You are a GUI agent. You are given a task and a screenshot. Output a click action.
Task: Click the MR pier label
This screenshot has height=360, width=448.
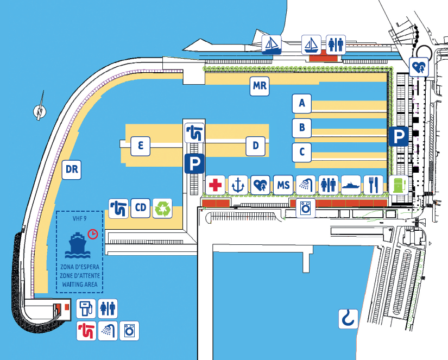tap(260, 86)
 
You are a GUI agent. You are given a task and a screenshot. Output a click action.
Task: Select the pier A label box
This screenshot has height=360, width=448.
tap(301, 102)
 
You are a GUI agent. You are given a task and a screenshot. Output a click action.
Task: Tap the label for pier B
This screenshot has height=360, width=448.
tap(301, 128)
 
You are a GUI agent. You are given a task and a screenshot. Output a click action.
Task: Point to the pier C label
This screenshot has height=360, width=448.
tap(301, 153)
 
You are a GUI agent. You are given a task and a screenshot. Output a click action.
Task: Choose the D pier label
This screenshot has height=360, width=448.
tap(255, 146)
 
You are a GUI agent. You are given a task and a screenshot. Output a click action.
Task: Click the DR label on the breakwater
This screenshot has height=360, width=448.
tap(72, 169)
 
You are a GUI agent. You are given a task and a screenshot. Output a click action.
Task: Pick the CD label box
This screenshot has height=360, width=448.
tap(141, 207)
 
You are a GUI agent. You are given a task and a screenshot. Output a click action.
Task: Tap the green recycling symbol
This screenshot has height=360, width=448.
tap(163, 208)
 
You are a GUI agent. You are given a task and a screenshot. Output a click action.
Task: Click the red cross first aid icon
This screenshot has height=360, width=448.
tap(216, 185)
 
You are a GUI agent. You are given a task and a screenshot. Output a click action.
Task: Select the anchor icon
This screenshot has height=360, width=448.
tap(238, 185)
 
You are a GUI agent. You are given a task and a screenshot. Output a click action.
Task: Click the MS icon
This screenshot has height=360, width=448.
tap(283, 185)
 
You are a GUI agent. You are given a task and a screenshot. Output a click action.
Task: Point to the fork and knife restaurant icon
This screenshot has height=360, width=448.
tap(374, 185)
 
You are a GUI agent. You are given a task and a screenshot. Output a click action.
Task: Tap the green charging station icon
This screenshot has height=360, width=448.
tap(399, 185)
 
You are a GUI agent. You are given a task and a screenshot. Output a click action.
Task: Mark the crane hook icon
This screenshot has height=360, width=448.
tap(348, 318)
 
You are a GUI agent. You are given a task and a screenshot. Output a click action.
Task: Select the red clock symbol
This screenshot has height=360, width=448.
tap(93, 233)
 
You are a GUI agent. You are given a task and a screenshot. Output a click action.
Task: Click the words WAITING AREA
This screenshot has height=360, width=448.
tap(79, 284)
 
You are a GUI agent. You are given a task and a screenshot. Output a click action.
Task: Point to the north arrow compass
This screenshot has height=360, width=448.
tap(40, 110)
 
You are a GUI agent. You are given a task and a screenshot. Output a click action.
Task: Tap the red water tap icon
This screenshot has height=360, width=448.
tap(86, 330)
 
